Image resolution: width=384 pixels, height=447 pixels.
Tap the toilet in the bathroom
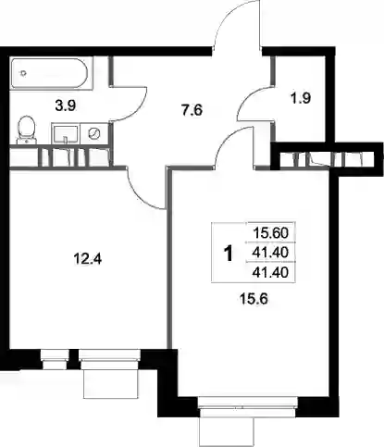pos(27,130)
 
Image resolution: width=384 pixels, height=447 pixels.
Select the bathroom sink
pos(65,133)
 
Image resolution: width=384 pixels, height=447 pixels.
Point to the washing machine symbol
pos(94,133)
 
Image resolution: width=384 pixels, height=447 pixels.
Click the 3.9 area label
pos(66,106)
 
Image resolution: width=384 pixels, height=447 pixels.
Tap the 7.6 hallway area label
pos(192,110)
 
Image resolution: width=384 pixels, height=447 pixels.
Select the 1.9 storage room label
pos(300,98)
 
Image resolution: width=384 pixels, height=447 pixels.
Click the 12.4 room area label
pos(88,259)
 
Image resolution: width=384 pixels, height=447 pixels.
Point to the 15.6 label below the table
pos(253,299)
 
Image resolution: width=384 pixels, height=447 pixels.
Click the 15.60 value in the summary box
pos(270,233)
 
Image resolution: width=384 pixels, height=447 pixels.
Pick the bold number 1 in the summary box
pos(229,254)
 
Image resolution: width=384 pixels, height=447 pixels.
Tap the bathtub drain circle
pos(22,73)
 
